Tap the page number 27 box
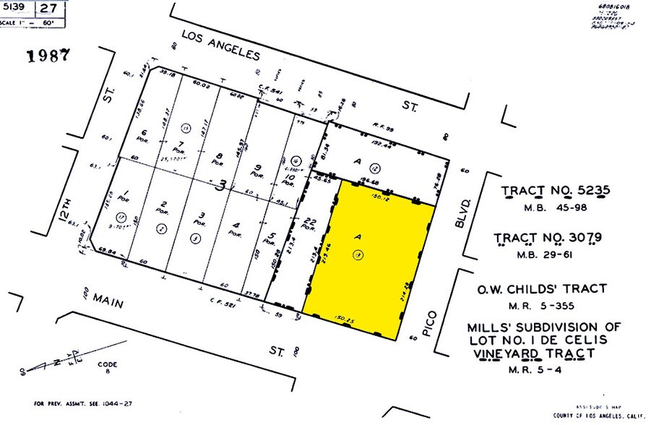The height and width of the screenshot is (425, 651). coord(48,9)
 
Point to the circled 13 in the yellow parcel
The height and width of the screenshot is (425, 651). coord(357,254)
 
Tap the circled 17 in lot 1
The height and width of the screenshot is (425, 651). coord(121,216)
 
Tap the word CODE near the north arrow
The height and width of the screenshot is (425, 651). coord(107,364)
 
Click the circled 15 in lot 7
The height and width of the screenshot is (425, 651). coord(186,129)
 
